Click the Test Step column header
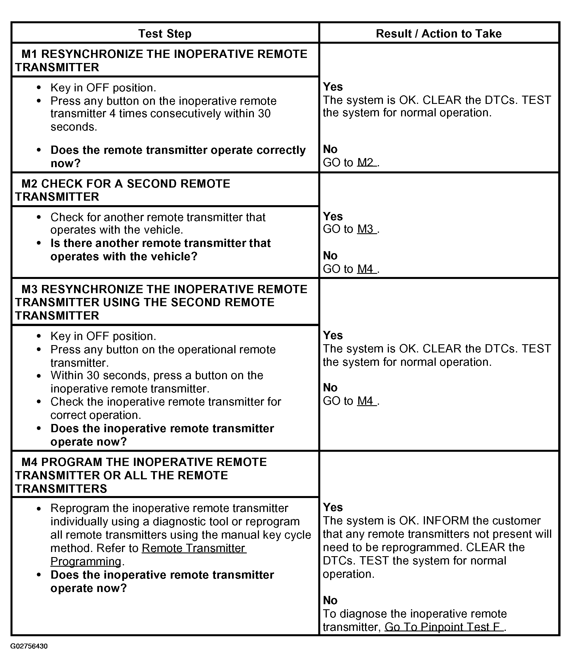click(165, 34)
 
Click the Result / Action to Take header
click(439, 34)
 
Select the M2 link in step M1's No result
click(366, 162)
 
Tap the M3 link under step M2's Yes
click(366, 229)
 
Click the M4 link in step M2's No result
click(366, 269)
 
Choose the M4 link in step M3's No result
click(366, 401)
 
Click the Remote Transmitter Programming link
click(194, 549)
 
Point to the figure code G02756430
click(29, 646)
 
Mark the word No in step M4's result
click(330, 600)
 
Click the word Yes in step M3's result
click(333, 335)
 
